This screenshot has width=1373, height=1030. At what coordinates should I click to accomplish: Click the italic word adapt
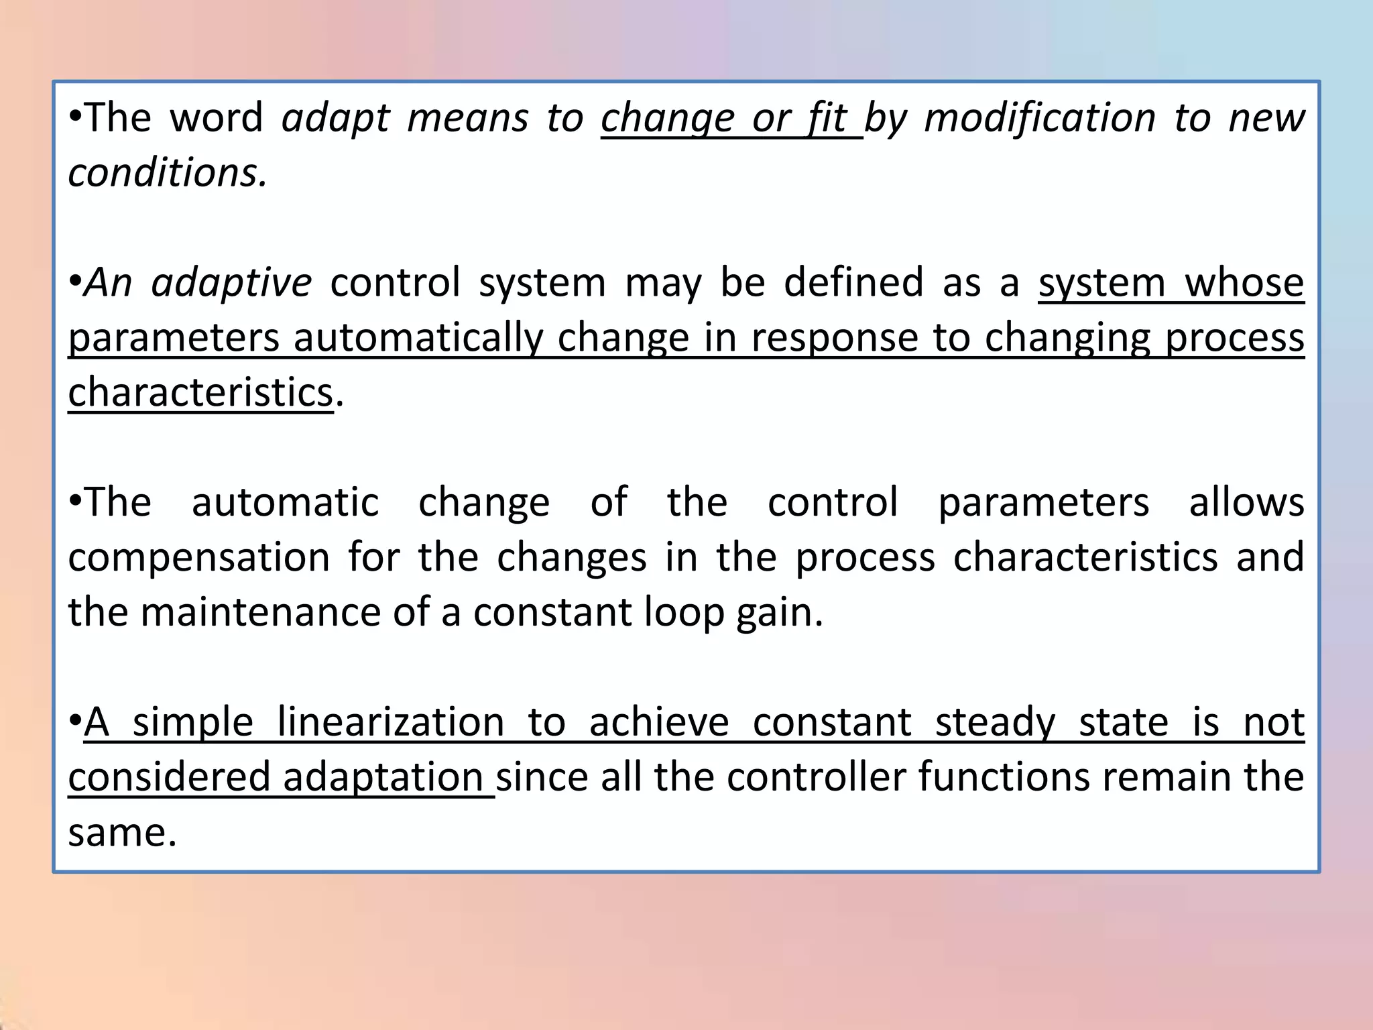(x=335, y=119)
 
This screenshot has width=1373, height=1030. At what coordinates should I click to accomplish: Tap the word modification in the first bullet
(x=1040, y=118)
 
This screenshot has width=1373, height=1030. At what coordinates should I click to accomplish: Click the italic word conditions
(x=167, y=173)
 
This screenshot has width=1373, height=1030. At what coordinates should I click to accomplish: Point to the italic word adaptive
(x=231, y=283)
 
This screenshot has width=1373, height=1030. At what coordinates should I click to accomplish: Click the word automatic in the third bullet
(x=285, y=502)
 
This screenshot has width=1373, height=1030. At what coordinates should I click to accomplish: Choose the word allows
(x=1246, y=502)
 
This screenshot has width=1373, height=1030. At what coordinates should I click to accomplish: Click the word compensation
(x=198, y=558)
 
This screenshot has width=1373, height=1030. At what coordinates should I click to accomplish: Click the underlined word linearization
(x=390, y=723)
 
